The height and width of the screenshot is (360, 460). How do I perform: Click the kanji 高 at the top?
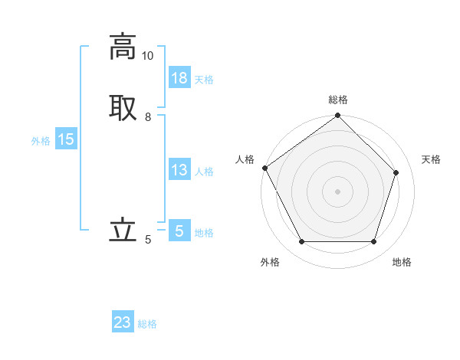click(x=123, y=47)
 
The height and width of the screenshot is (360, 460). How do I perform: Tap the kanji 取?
click(x=123, y=106)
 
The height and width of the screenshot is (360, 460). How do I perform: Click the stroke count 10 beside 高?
click(x=147, y=56)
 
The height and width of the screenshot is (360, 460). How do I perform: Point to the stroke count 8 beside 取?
click(x=148, y=117)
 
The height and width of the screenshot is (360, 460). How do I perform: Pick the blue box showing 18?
click(x=179, y=78)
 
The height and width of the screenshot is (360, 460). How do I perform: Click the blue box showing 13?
click(x=179, y=170)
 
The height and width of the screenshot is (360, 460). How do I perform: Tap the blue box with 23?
click(x=123, y=322)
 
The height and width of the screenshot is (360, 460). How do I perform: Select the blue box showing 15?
click(x=65, y=139)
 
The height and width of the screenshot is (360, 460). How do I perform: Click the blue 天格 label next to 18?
click(x=204, y=80)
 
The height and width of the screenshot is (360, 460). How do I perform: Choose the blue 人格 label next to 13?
click(x=204, y=172)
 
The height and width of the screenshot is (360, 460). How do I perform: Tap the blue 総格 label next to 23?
click(x=147, y=324)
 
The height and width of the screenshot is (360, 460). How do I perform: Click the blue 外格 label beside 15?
click(x=41, y=141)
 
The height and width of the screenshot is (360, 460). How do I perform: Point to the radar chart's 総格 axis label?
click(x=338, y=100)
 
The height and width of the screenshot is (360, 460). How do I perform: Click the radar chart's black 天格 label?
click(x=432, y=159)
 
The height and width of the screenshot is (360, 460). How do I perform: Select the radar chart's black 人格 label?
click(x=245, y=159)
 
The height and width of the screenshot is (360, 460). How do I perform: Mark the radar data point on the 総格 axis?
click(x=338, y=116)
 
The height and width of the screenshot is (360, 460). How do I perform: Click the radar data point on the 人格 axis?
click(x=265, y=168)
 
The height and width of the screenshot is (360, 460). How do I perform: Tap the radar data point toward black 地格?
click(x=374, y=242)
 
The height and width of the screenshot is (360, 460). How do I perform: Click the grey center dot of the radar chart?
click(x=338, y=191)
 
